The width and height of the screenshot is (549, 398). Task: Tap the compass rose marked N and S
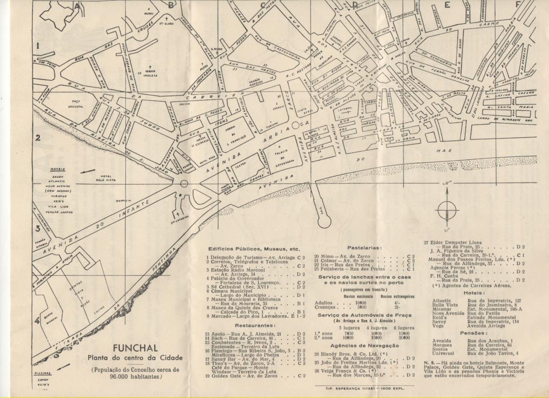coord(447,209)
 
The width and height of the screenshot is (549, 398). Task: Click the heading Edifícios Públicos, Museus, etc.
coord(254,249)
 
